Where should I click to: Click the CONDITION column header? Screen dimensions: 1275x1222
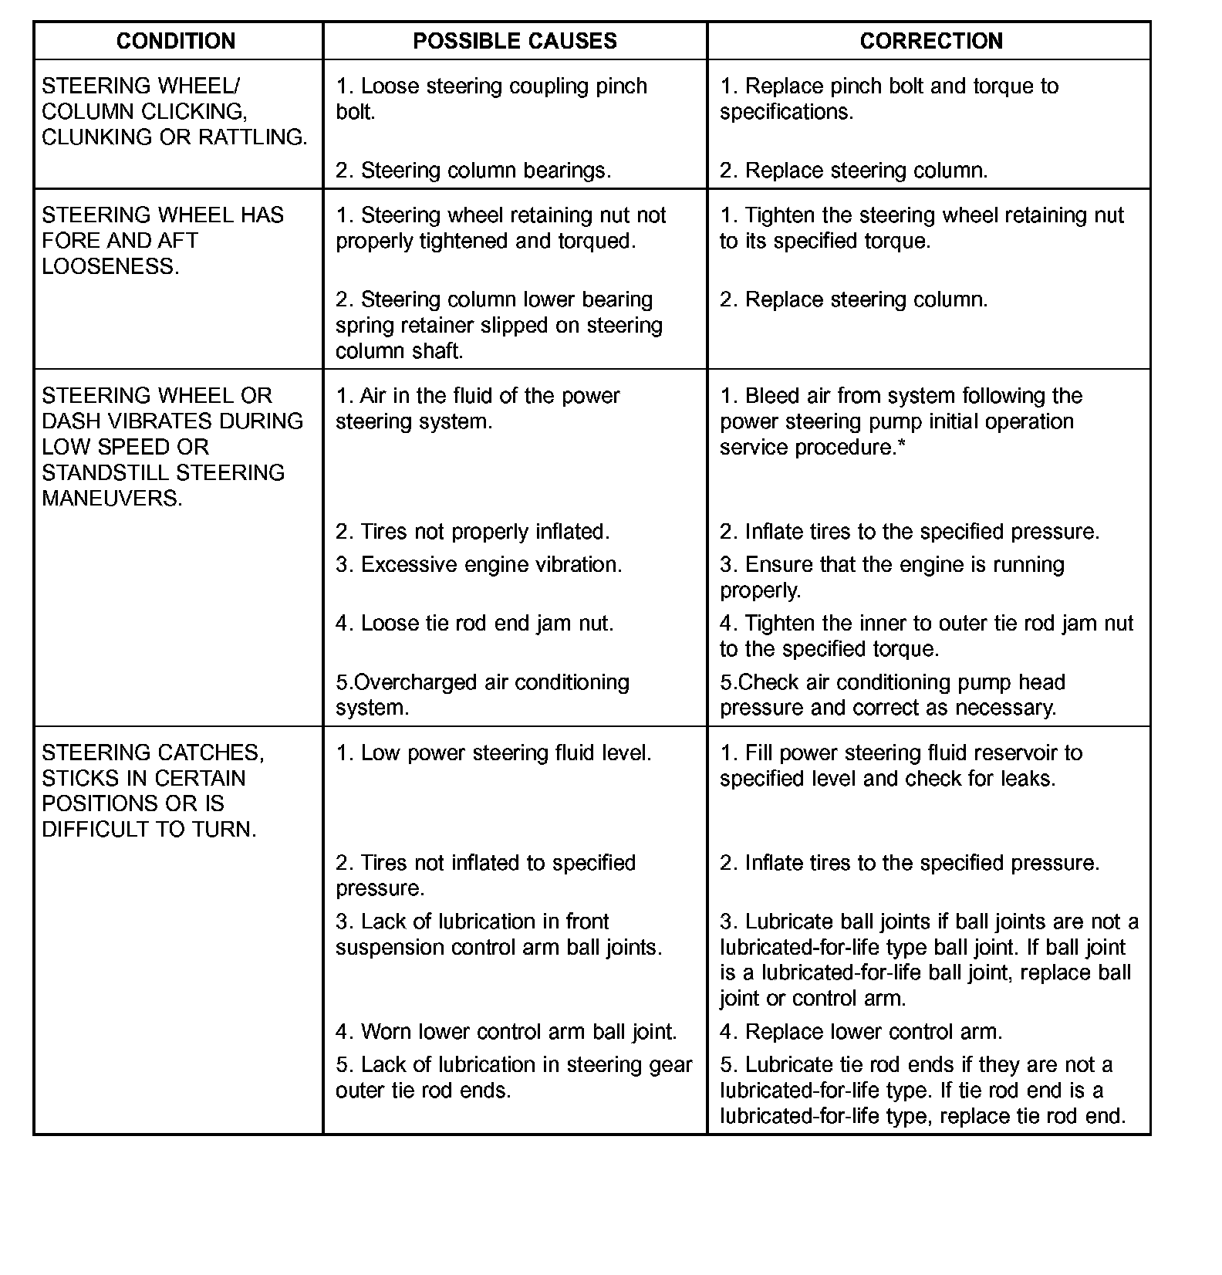coord(176,41)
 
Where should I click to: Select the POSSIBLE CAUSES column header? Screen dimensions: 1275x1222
coord(515,41)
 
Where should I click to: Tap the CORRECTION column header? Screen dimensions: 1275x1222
coord(931,41)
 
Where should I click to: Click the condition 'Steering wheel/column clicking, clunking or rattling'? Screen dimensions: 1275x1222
coord(174,111)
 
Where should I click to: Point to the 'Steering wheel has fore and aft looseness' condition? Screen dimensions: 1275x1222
coord(162,240)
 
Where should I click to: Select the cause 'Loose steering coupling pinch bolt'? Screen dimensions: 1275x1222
coord(491,98)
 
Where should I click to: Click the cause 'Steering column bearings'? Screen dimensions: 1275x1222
coord(473,171)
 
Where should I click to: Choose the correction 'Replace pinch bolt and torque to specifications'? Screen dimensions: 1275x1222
coord(889,98)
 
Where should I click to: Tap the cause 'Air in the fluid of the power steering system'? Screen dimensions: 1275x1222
coord(478,408)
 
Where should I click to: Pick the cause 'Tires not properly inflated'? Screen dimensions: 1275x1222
coord(472,532)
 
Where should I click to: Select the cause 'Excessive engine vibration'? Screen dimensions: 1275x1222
coord(478,565)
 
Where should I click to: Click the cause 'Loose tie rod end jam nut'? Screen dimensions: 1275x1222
coord(474,624)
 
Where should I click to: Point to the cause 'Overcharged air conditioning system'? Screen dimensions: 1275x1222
coord(482,695)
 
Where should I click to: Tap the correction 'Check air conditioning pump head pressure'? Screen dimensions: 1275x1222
coord(892,695)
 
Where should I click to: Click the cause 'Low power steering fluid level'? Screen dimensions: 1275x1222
coord(493,752)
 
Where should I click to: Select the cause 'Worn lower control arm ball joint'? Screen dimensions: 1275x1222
coord(505,1032)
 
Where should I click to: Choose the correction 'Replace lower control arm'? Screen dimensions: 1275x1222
coord(861,1032)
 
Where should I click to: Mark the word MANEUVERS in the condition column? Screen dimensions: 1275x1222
coord(112,499)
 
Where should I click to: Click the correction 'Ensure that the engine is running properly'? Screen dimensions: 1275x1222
coord(892,577)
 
